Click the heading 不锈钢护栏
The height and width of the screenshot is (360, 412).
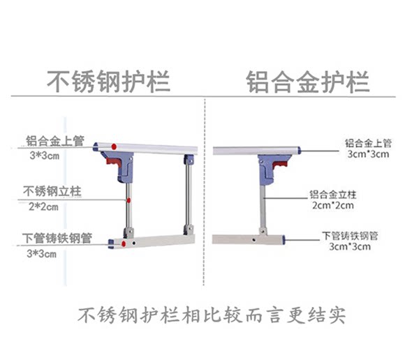[108, 82]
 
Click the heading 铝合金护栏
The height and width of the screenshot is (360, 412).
[308, 82]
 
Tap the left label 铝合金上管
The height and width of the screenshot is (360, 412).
[55, 141]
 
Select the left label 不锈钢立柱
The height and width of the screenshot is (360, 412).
[52, 191]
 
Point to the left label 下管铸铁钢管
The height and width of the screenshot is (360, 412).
[57, 238]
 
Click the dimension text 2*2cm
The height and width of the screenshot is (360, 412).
[43, 207]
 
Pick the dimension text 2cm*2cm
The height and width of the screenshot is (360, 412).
[332, 205]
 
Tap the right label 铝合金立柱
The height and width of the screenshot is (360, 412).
[332, 195]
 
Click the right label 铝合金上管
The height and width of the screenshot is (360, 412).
[368, 143]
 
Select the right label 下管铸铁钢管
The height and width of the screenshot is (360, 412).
[350, 236]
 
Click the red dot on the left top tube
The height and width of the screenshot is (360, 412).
[114, 147]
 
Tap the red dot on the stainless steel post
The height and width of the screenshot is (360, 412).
[128, 201]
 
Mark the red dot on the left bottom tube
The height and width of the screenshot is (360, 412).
[124, 244]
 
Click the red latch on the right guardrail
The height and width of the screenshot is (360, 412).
[280, 165]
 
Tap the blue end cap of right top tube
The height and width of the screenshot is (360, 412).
[299, 151]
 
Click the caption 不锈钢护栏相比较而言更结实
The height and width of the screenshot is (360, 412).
[212, 315]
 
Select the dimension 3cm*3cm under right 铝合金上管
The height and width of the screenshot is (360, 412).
[369, 154]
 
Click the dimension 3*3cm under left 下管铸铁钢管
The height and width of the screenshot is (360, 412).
[41, 254]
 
